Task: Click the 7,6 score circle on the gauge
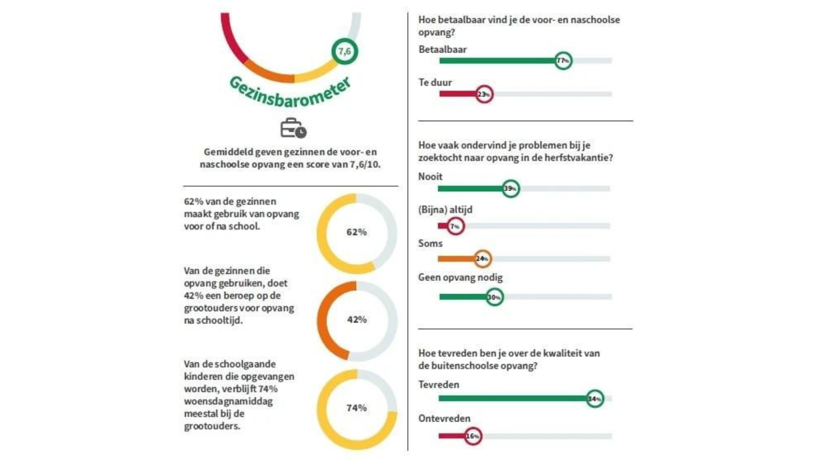coord(345,51)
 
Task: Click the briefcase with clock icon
coord(293,128)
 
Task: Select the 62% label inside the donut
coord(357,232)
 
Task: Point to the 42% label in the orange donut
coord(357,320)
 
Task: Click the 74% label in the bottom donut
coord(357,408)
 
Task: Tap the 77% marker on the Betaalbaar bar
coord(563,61)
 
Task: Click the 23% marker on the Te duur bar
coord(484,94)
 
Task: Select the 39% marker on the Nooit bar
coord(511,189)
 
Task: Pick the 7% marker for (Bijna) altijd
coord(455,227)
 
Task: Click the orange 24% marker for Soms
coord(482,259)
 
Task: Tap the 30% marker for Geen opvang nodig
coord(495,297)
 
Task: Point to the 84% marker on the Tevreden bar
coord(595,399)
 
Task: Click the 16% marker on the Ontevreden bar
coord(473,436)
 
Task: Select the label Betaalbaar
coord(443,49)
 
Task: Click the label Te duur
coord(435,82)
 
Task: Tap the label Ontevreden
coord(444,418)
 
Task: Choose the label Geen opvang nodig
coord(460,278)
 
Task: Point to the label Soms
coord(430,244)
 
